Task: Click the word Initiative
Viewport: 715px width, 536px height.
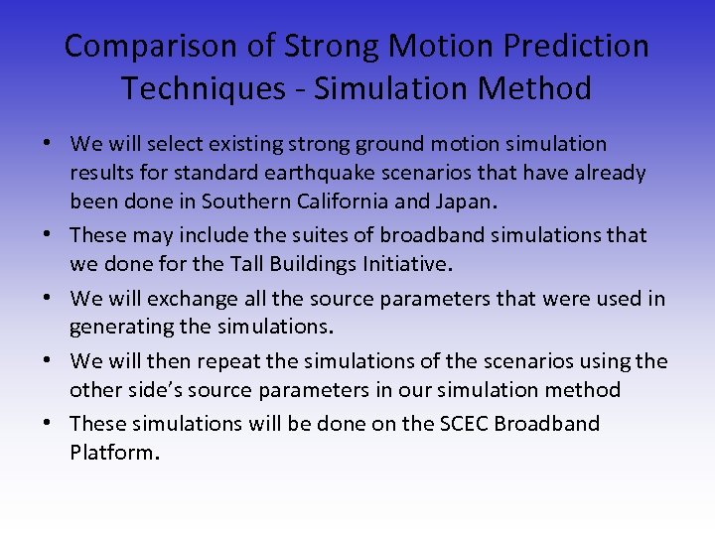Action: pos(412,264)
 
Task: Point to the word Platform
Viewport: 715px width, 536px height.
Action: pos(112,453)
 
